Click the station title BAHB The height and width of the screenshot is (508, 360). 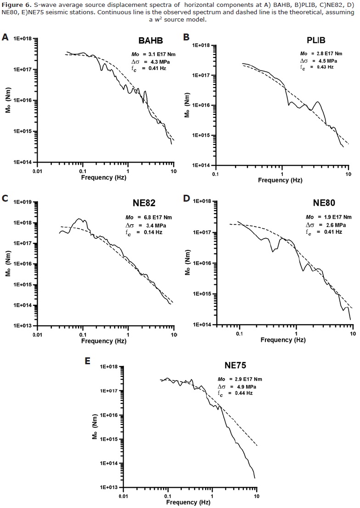(x=151, y=41)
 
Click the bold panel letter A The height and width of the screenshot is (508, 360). (x=5, y=38)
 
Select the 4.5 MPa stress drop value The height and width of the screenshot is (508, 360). (x=328, y=60)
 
